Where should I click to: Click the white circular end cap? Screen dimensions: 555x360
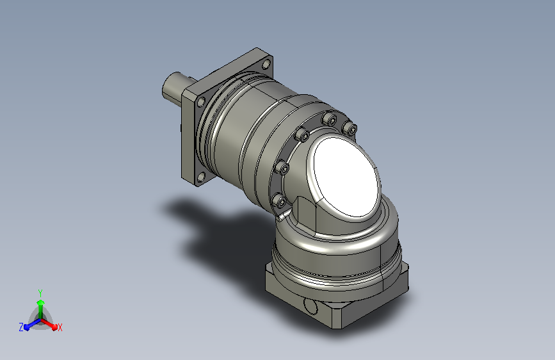click(345, 177)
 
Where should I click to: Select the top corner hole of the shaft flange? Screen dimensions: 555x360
click(266, 65)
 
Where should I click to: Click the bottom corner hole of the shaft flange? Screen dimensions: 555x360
click(201, 176)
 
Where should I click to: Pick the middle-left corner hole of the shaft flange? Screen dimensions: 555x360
click(201, 102)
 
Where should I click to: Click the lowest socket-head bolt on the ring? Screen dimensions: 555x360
click(279, 201)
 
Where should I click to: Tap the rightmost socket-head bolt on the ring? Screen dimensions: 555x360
click(350, 127)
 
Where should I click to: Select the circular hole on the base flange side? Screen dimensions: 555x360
click(310, 306)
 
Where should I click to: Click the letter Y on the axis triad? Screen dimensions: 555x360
click(40, 293)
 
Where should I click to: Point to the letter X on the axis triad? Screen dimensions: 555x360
click(60, 327)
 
